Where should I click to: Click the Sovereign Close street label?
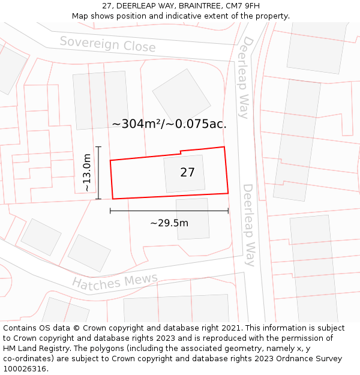pos(107,44)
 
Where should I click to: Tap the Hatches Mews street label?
pos(115,281)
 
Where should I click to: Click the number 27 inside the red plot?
pos(187,173)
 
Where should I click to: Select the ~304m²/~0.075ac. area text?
pos(169,124)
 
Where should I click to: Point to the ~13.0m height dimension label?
pos(87,172)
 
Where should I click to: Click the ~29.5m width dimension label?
pos(169,223)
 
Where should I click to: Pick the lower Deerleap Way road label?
pos(249,225)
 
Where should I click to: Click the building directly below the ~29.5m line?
pos(193,225)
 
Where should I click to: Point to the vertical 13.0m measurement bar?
pos(98,172)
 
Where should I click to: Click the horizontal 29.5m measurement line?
pos(169,211)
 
